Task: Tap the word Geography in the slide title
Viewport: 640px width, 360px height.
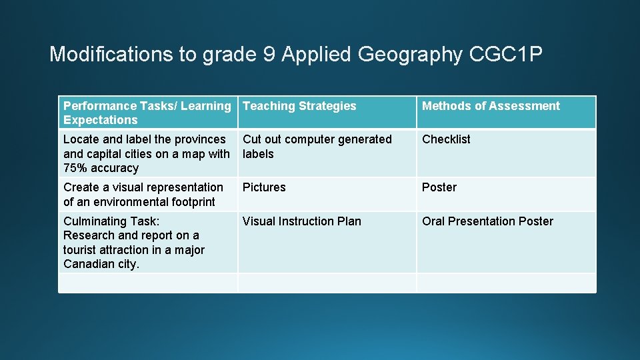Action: pos(410,55)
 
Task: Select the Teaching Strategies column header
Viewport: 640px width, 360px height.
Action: pos(299,106)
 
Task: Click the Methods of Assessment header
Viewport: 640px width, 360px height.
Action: pos(491,106)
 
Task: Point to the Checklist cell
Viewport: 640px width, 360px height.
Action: pos(446,139)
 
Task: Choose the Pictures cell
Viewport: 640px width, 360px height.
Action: pos(264,187)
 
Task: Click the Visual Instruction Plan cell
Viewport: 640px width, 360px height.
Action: pos(301,221)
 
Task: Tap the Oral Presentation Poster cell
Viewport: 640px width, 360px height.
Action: pos(487,221)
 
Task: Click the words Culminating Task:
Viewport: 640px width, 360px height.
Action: pos(111,221)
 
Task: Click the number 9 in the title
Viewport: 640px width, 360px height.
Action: pos(269,55)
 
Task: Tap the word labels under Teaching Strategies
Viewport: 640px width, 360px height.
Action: pos(258,154)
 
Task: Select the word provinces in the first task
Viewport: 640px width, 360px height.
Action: pos(200,139)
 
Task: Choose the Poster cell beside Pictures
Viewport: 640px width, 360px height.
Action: pos(439,187)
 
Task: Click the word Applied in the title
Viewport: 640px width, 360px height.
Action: pos(317,55)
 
